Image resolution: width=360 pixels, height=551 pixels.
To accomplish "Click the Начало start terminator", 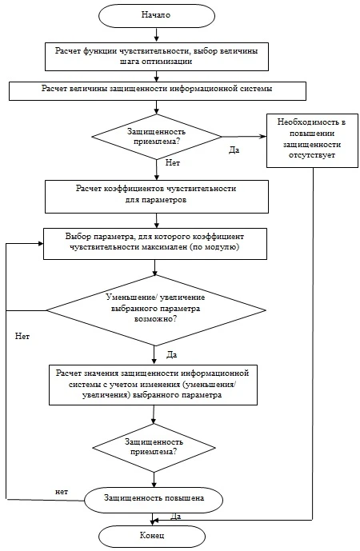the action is (157, 15).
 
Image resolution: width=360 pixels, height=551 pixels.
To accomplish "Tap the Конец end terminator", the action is (152, 536).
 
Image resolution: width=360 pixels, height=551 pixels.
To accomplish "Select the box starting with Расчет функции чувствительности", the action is (157, 57).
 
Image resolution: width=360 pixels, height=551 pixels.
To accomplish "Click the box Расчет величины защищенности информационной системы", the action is (157, 91).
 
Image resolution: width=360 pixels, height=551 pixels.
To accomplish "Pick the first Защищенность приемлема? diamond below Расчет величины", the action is (157, 137).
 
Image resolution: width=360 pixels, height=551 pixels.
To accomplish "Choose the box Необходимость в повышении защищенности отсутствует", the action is (312, 141).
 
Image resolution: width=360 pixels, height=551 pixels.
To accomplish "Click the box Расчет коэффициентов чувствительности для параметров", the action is (157, 197).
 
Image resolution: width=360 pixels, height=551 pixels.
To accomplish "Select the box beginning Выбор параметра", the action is (155, 244).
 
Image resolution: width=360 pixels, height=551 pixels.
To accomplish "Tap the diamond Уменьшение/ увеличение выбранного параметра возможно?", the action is (156, 310).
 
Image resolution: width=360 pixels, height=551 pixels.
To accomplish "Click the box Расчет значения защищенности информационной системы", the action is (153, 385).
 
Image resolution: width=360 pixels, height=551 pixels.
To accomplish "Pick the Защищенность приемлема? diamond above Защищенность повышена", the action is (154, 448).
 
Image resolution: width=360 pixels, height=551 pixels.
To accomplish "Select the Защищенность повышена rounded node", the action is (154, 498).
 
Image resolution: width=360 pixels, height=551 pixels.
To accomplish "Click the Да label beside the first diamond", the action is (234, 150).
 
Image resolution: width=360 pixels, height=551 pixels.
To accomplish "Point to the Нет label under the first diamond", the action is (173, 163).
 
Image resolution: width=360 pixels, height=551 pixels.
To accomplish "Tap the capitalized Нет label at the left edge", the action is (22, 337).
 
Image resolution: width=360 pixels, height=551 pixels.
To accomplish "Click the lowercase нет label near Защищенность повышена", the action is (62, 492).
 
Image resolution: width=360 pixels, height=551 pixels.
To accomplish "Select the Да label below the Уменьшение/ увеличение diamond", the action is (171, 355).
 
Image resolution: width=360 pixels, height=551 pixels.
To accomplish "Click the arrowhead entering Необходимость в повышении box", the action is (263, 137).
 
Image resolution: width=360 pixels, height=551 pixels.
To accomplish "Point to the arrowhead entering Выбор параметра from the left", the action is (40, 244).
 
